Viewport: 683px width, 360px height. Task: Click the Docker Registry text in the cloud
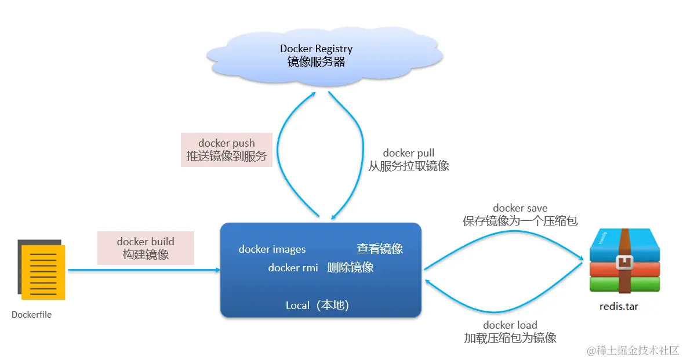coord(316,49)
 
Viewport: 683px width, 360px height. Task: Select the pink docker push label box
coord(227,150)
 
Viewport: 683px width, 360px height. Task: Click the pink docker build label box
coord(146,248)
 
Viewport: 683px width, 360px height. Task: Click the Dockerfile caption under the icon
coord(31,315)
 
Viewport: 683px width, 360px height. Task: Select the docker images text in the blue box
coord(273,249)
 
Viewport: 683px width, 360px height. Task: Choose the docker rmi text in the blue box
coord(293,268)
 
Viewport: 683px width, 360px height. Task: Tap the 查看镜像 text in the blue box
coord(380,249)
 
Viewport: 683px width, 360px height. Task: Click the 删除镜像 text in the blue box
coord(350,267)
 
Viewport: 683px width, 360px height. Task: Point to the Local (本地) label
coord(317,305)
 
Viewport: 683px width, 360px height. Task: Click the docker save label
coord(520,208)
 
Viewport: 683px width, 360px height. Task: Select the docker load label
coord(510,325)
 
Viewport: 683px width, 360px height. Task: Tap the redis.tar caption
coord(619,307)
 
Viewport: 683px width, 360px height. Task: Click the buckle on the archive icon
coord(624,263)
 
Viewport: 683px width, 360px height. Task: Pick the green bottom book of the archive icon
coord(624,284)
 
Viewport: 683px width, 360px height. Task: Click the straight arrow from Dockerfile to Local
coord(144,270)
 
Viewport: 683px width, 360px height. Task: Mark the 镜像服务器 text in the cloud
coord(316,62)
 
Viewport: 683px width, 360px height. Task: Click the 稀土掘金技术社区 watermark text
coord(637,350)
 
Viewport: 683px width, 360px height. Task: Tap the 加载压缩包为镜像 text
coord(510,338)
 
